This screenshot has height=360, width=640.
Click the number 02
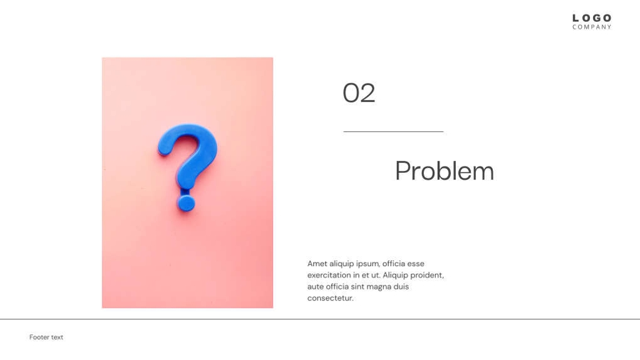tap(359, 93)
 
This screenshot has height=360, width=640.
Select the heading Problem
tap(444, 171)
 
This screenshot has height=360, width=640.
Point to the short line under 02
tap(393, 131)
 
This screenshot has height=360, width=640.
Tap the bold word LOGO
tap(592, 18)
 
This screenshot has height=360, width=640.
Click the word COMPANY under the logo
tap(592, 27)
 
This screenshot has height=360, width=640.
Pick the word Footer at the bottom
tap(39, 337)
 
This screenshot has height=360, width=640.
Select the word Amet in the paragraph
tap(317, 264)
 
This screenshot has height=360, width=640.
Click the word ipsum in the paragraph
tap(367, 264)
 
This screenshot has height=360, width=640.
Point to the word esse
tap(415, 264)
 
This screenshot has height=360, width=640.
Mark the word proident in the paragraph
tap(427, 275)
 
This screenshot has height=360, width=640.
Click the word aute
tap(316, 286)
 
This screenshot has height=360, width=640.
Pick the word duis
tap(401, 286)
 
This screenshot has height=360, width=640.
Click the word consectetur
tap(330, 298)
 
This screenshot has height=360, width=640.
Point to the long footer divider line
tap(320, 319)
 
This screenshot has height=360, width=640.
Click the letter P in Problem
tap(402, 171)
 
